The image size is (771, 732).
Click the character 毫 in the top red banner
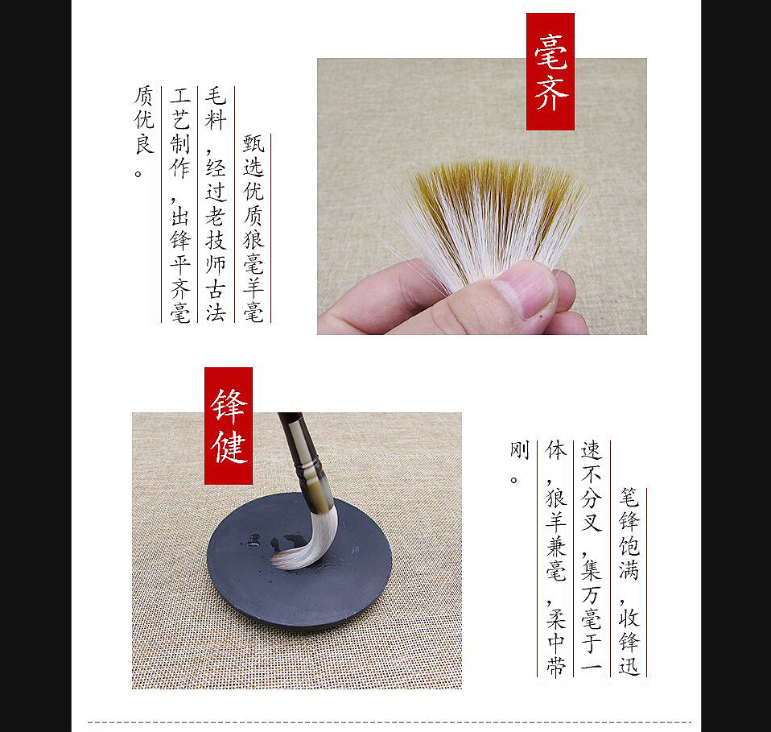[550, 52]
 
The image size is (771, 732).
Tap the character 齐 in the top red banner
[551, 93]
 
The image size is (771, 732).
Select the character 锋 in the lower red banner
[228, 406]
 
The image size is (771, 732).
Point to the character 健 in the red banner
[229, 447]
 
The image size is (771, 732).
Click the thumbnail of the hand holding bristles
[482, 196]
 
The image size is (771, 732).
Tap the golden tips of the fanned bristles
[497, 182]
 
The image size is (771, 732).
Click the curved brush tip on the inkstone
[306, 546]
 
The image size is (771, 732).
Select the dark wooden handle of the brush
[290, 428]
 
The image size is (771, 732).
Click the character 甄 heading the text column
[254, 143]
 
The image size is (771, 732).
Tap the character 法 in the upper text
[216, 312]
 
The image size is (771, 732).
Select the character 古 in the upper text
[216, 287]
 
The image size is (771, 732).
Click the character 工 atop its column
[180, 95]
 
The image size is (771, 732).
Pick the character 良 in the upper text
[143, 143]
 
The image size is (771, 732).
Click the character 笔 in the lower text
[629, 498]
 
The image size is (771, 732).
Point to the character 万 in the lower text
[591, 594]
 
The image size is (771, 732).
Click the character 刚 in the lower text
[519, 449]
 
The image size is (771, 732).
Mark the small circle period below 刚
[513, 479]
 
